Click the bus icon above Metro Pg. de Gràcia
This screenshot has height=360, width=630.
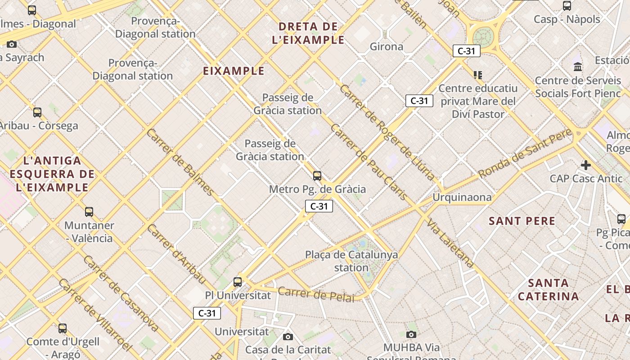point(317,175)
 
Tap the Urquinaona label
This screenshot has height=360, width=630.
point(462,197)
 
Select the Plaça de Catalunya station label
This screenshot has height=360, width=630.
point(351,261)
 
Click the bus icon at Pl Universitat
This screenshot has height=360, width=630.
point(238,282)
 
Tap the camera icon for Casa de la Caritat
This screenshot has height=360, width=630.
point(288,337)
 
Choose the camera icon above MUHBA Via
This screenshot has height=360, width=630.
point(411,334)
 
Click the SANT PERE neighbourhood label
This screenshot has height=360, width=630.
point(522,221)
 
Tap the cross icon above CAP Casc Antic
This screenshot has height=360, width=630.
point(585,165)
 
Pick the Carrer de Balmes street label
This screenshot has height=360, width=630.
point(180,162)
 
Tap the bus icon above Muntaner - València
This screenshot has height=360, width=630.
point(89,211)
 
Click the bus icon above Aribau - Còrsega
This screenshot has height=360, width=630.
point(37,112)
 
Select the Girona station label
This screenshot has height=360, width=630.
point(386,46)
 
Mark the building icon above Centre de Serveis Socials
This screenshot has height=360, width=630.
point(578,67)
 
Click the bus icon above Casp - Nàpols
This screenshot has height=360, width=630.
point(567,6)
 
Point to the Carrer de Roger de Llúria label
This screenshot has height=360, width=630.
point(387,133)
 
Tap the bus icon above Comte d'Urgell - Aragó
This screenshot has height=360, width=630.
point(63,328)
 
